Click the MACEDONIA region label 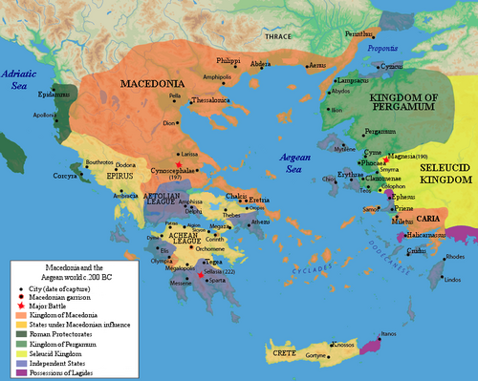[157, 84]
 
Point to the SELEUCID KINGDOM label [447, 172]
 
